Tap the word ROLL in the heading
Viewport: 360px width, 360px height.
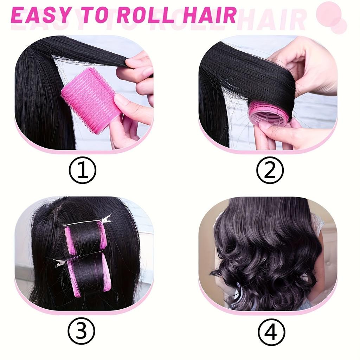coord(146,15)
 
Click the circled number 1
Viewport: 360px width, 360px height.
coord(82,170)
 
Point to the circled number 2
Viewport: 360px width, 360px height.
coord(270,170)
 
